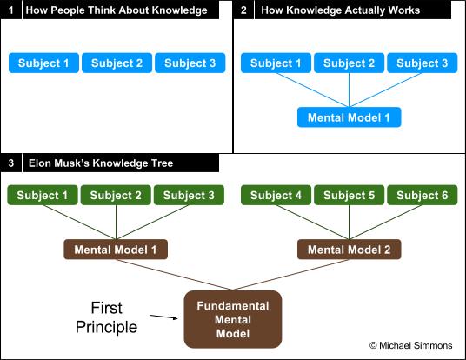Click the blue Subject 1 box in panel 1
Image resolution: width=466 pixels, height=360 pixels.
pos(43,63)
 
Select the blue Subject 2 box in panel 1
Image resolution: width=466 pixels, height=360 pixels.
pos(116,63)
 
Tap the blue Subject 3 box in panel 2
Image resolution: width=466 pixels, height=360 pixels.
pos(422,63)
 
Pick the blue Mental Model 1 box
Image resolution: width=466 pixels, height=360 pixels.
pos(349,117)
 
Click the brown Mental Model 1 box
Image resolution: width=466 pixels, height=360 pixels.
pos(116,250)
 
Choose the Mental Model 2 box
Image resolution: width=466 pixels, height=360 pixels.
pos(349,250)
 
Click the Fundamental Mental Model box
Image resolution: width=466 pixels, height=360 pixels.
pos(233,320)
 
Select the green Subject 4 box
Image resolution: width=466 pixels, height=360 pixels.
pos(276,195)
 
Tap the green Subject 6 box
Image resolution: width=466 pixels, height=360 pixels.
pos(422,195)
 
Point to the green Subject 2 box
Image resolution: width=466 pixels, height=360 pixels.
pos(116,195)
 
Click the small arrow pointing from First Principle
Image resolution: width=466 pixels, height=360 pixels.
pos(163,317)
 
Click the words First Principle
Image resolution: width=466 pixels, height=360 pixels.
pos(106,317)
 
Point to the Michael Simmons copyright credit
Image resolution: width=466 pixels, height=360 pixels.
pos(410,345)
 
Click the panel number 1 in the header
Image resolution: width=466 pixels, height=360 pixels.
pos(11,10)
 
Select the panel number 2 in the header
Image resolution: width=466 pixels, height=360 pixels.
pos(243,10)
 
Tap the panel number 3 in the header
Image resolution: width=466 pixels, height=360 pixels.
pos(11,163)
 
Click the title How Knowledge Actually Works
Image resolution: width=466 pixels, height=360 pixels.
pos(340,10)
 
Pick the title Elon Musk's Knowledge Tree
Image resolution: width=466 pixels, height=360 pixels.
pos(101,163)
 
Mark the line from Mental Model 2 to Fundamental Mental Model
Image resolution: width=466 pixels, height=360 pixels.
pos(291,275)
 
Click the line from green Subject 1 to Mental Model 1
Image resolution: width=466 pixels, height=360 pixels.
pos(79,223)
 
